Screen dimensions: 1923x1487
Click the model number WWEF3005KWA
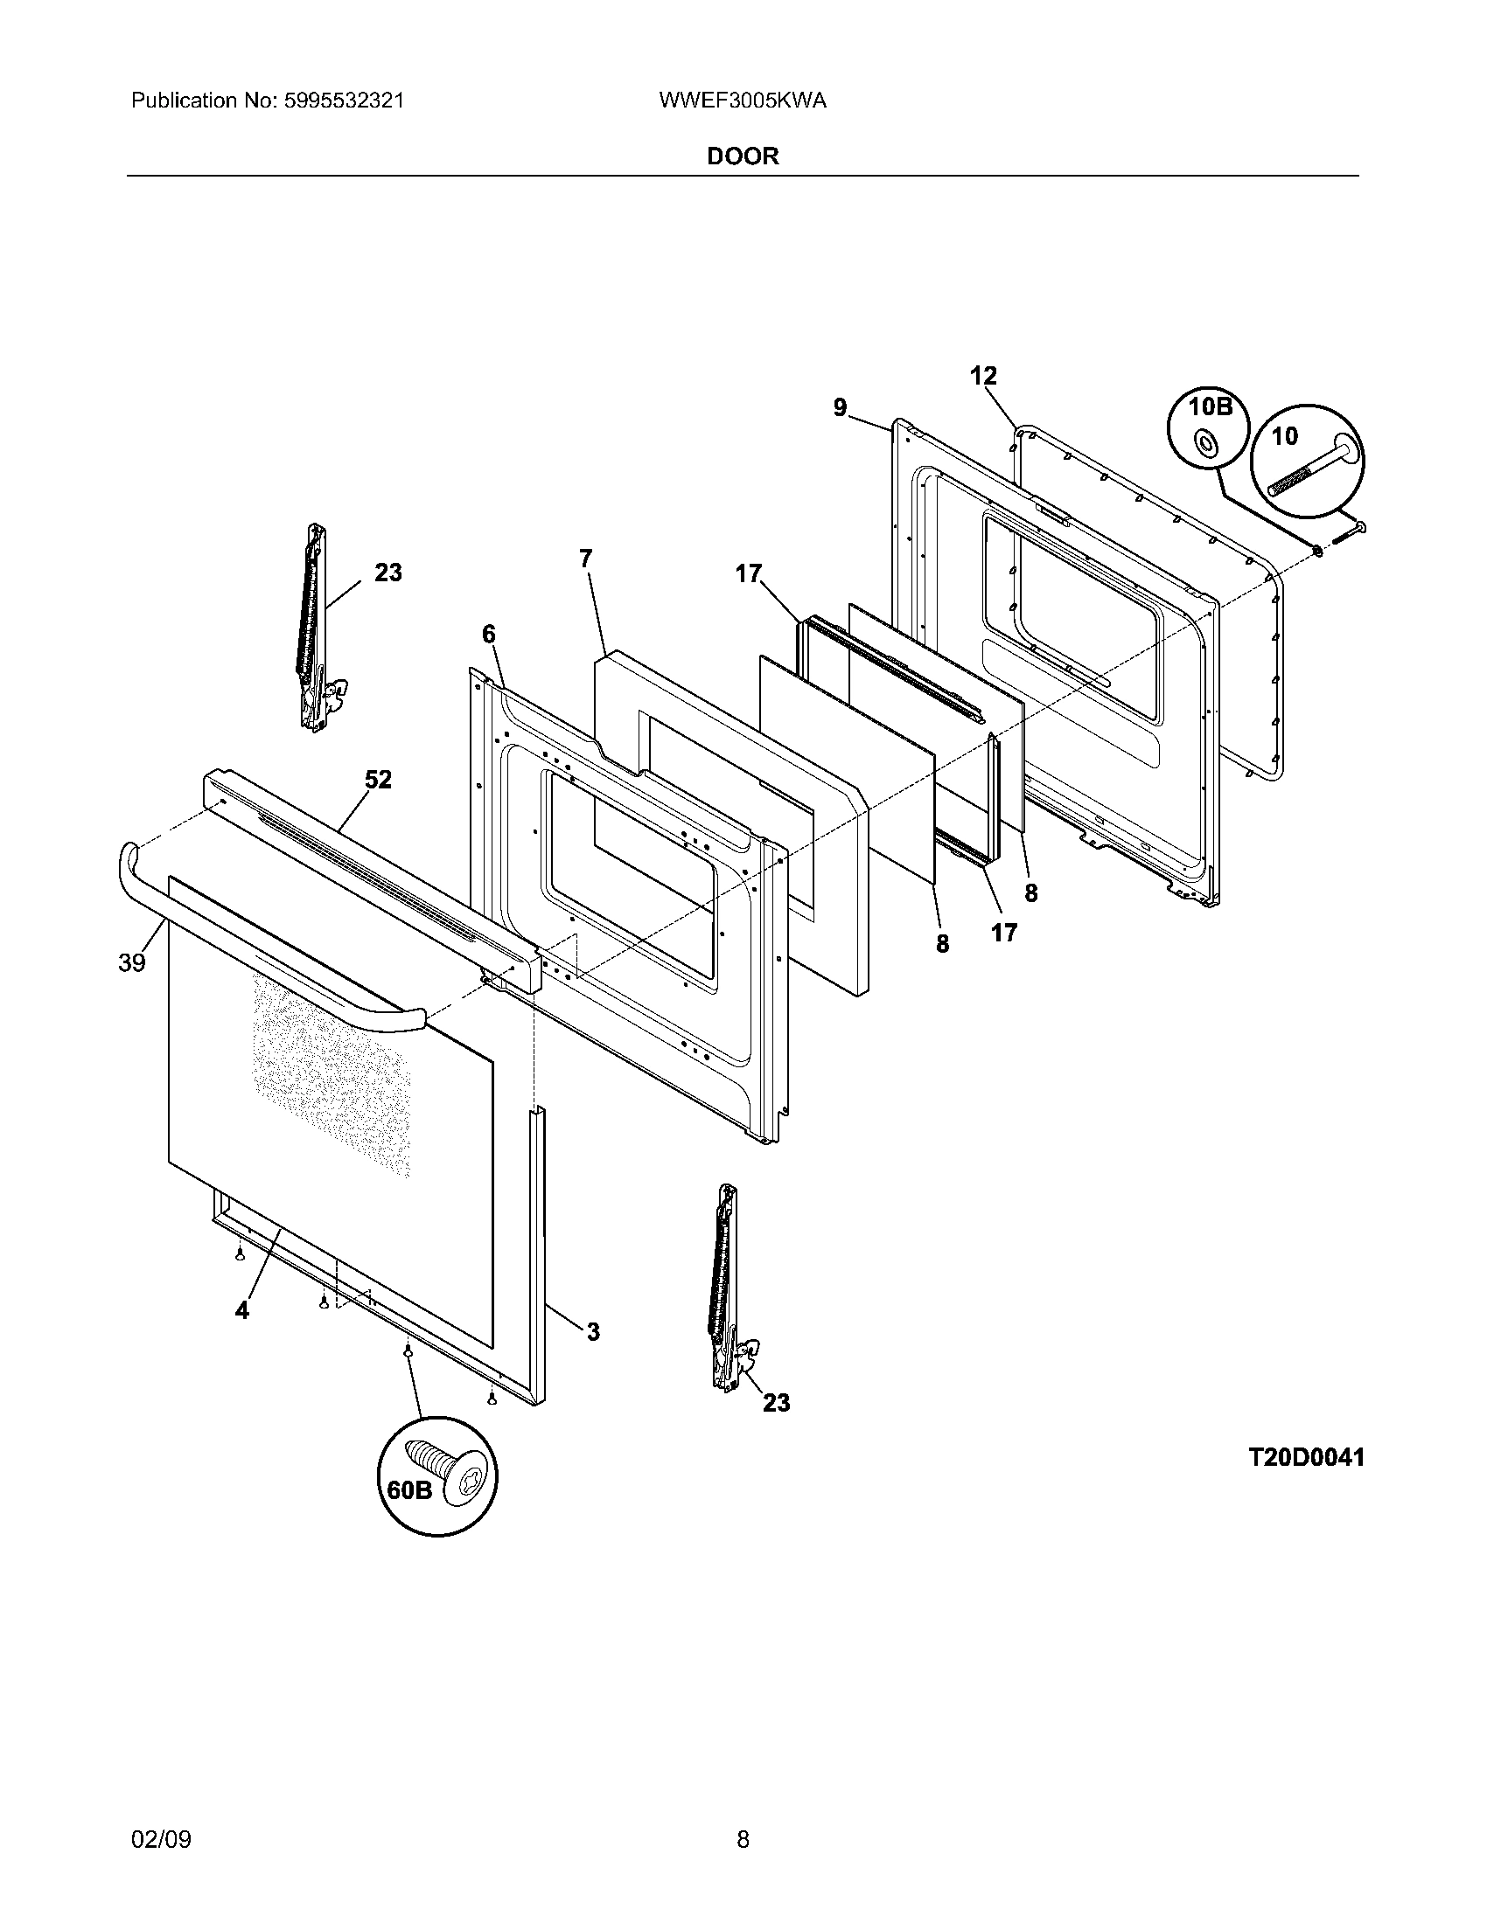click(742, 101)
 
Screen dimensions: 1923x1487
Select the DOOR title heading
click(743, 156)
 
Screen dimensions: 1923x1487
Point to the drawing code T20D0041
click(1307, 1457)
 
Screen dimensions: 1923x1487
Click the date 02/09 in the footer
click(160, 1815)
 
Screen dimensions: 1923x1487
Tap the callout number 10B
click(1209, 407)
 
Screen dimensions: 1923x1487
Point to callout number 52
click(378, 779)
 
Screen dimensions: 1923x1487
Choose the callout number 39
click(132, 963)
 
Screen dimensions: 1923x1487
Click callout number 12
click(983, 376)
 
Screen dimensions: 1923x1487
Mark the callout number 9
click(840, 406)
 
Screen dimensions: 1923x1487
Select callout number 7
click(586, 559)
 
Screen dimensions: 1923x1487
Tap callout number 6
click(489, 634)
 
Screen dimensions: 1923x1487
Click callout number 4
click(241, 1334)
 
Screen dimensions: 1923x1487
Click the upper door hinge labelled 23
click(316, 627)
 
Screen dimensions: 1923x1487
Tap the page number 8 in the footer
click(743, 1815)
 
